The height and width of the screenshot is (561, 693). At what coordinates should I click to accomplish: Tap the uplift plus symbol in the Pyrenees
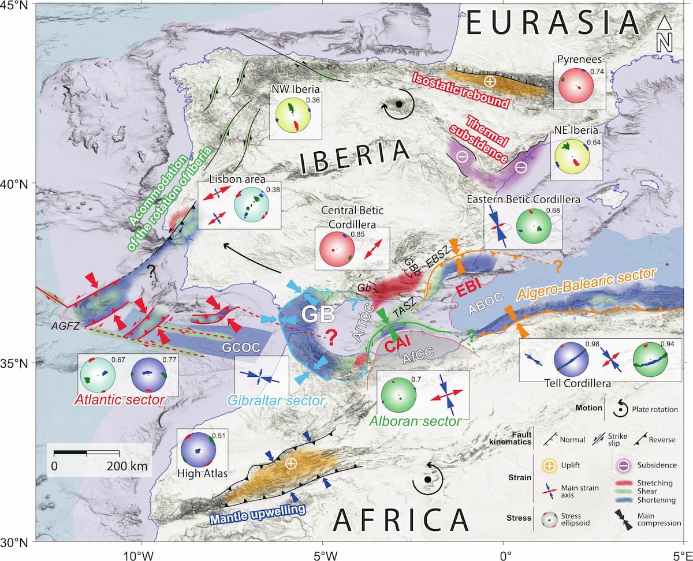point(489,81)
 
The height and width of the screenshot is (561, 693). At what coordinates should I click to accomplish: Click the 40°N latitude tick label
point(17,184)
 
